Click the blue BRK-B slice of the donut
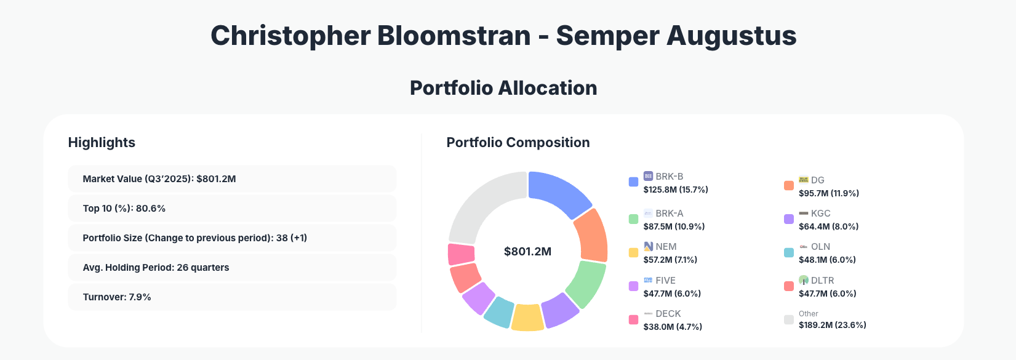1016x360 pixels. pyautogui.click(x=557, y=191)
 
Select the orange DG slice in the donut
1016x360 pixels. pyautogui.click(x=591, y=236)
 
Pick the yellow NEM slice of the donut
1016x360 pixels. pyautogui.click(x=527, y=317)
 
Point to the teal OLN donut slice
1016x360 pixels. pyautogui.click(x=499, y=311)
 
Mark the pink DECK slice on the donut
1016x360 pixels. pyautogui.click(x=461, y=254)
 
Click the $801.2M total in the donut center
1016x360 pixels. pyautogui.click(x=527, y=252)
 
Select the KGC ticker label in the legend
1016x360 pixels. pyautogui.click(x=820, y=214)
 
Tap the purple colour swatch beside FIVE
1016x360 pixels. pyautogui.click(x=633, y=286)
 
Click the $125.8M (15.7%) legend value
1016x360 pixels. pyautogui.click(x=676, y=190)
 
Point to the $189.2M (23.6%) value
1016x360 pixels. pyautogui.click(x=832, y=325)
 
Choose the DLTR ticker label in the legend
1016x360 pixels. pyautogui.click(x=822, y=281)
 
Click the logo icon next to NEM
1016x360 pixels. pyautogui.click(x=648, y=246)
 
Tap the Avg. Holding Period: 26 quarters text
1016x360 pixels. pyautogui.click(x=156, y=268)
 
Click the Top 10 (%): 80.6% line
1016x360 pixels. pyautogui.click(x=124, y=209)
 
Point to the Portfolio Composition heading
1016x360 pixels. pyautogui.click(x=518, y=143)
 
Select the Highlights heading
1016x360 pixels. pyautogui.click(x=102, y=143)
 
